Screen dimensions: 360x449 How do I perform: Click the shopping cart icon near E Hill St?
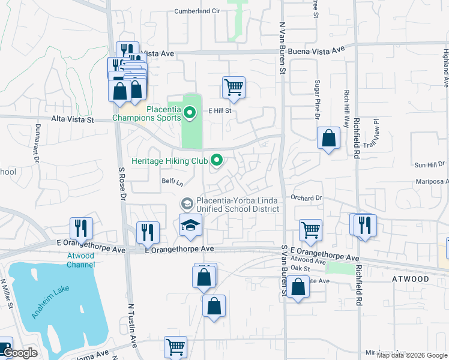click(234, 86)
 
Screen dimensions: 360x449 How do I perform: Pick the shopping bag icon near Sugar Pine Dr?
click(329, 139)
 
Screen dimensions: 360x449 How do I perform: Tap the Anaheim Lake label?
click(51, 295)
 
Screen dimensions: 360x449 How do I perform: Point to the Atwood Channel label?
click(80, 260)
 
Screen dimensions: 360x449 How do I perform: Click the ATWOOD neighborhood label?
click(411, 279)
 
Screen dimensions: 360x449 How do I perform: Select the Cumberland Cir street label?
click(198, 11)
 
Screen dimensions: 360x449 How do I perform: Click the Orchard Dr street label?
click(307, 197)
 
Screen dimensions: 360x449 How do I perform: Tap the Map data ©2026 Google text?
click(412, 355)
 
